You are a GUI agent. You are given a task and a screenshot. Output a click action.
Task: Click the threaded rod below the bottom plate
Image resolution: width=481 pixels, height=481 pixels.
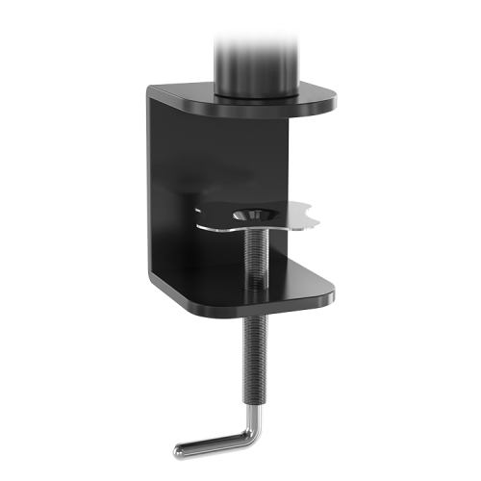[x=254, y=356]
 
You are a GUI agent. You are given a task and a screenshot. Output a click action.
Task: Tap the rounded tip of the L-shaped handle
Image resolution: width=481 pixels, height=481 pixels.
[x=179, y=449]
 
